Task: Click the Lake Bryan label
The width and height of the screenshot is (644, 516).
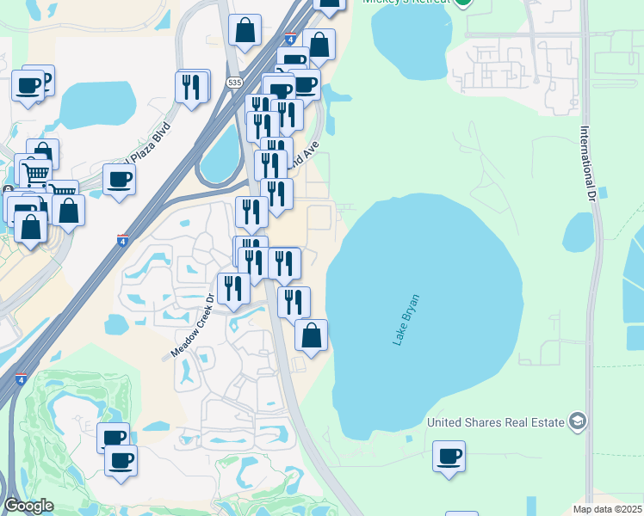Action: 406,320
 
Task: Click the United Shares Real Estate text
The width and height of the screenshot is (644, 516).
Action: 496,421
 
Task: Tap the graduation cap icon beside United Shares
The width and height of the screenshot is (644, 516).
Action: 577,421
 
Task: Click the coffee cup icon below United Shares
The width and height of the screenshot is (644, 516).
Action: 449,456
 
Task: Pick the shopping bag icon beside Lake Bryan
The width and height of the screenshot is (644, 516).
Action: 311,335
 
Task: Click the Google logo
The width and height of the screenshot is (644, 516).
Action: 28,506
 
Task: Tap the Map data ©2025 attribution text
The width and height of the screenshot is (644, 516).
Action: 608,509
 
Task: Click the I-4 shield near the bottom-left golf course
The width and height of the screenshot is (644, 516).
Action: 19,378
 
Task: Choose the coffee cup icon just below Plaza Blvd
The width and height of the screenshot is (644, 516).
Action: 119,180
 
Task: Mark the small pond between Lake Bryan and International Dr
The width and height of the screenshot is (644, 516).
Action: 579,231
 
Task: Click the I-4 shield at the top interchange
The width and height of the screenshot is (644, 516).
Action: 290,39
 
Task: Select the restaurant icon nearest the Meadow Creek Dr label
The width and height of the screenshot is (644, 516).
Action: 232,288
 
